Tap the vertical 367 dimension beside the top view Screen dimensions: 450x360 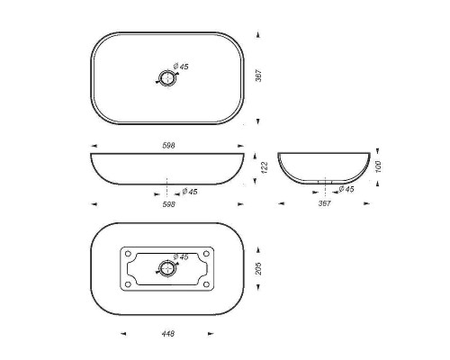coord(258,76)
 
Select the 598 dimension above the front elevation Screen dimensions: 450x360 coord(168,146)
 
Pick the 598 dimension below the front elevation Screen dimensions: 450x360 coord(168,204)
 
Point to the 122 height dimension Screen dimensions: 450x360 coord(265,167)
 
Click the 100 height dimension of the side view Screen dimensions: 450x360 coord(378,166)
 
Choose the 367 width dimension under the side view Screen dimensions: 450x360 coord(324,203)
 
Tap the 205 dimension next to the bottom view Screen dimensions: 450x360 coord(258,268)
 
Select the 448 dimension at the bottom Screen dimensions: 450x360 coord(168,334)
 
